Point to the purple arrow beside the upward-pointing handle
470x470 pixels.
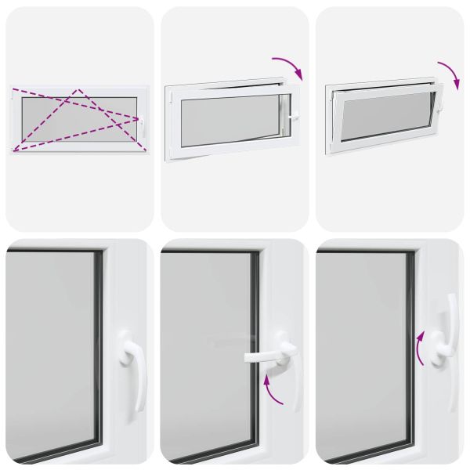click(x=421, y=348)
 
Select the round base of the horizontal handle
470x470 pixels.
click(x=284, y=349)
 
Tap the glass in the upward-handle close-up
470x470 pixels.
click(x=360, y=352)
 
